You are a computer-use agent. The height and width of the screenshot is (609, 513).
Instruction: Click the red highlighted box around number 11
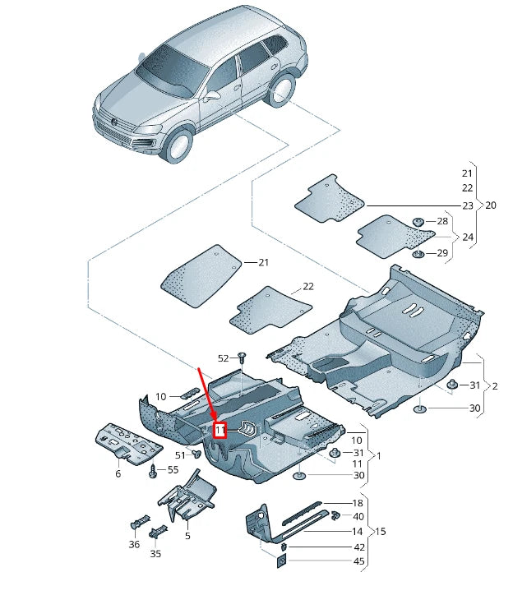click(x=220, y=429)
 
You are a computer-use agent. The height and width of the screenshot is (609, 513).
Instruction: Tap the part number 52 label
click(x=223, y=358)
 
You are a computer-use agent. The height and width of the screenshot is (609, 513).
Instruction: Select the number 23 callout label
click(x=468, y=205)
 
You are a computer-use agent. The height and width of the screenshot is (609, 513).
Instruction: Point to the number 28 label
click(x=442, y=222)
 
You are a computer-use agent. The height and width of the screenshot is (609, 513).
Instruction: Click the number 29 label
click(x=442, y=253)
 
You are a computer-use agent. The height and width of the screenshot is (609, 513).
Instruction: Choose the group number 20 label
click(x=491, y=205)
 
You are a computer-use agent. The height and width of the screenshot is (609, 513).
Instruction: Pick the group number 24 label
click(x=468, y=238)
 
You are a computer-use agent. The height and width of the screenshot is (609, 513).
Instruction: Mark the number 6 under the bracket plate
click(x=118, y=474)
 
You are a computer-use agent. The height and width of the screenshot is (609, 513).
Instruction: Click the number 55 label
click(x=173, y=469)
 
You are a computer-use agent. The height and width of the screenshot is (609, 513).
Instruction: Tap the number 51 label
click(x=181, y=454)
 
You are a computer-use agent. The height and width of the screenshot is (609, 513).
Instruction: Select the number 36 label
click(x=134, y=544)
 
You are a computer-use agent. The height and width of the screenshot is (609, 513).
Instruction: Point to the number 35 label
click(x=156, y=554)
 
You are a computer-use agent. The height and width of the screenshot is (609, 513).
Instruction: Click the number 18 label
click(x=358, y=503)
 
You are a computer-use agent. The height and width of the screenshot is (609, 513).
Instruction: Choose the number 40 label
click(x=358, y=517)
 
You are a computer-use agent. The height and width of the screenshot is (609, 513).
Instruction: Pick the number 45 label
click(x=359, y=561)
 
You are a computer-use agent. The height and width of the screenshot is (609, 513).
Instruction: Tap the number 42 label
click(x=359, y=547)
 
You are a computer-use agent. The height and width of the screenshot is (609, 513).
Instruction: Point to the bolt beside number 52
click(x=242, y=358)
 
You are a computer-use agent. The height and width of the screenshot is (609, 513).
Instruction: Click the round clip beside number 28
click(x=418, y=222)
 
